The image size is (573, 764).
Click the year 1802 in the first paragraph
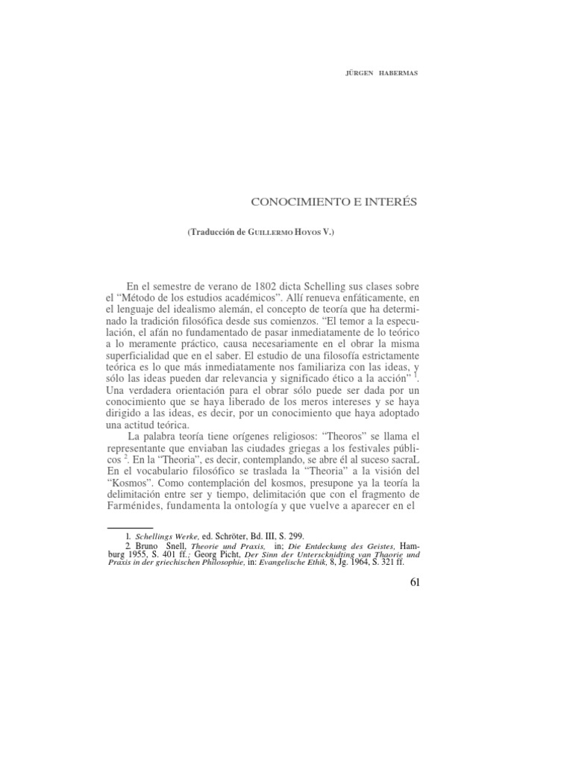click(270, 287)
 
